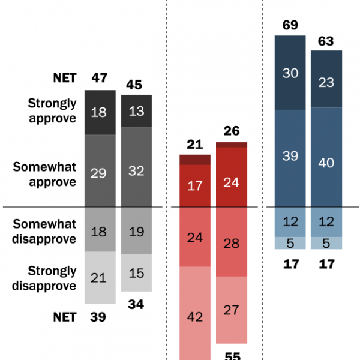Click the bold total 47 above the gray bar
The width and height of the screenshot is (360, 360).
(x=100, y=77)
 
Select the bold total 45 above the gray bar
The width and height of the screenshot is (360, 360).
(x=134, y=85)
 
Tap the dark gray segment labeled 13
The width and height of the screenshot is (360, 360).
(x=136, y=111)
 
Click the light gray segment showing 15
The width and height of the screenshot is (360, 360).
(x=136, y=272)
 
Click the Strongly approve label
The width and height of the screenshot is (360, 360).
(x=53, y=111)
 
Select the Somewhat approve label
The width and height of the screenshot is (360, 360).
(x=45, y=173)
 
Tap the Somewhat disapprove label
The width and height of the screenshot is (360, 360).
(x=45, y=232)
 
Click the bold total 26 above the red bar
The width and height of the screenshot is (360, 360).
(x=232, y=130)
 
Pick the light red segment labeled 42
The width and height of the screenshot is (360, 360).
(x=196, y=316)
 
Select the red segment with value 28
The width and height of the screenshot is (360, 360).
(x=232, y=242)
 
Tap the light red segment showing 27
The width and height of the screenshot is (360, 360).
(x=232, y=310)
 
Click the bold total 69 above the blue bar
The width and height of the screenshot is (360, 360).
(x=290, y=25)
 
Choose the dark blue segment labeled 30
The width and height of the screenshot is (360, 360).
(x=290, y=73)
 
